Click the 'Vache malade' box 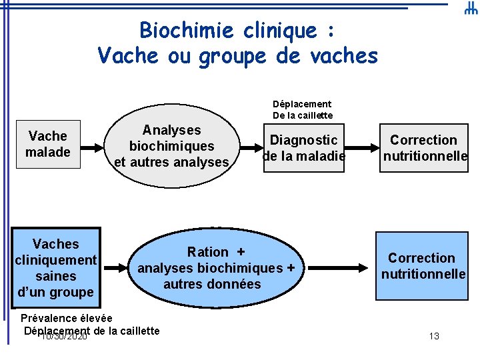[x=48, y=144]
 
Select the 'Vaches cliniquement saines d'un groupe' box [x=56, y=268]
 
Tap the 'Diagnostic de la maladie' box [x=303, y=148]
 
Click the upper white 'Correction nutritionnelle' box [x=423, y=148]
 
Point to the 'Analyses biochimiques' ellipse [x=172, y=146]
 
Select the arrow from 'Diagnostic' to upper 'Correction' [x=362, y=148]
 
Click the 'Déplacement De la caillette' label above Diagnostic [x=302, y=109]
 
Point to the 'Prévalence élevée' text [x=67, y=318]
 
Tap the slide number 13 [x=434, y=336]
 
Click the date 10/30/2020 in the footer [x=64, y=337]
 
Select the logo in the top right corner [x=470, y=9]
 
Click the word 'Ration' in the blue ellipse [x=207, y=252]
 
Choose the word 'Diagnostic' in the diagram [x=303, y=140]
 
